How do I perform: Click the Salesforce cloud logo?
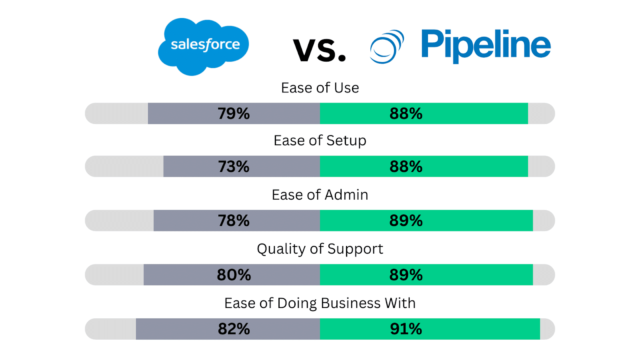(204, 46)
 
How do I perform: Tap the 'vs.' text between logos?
(319, 50)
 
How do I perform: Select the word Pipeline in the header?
(486, 45)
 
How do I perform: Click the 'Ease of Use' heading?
(320, 88)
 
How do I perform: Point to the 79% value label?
(234, 114)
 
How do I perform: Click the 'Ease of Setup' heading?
(320, 141)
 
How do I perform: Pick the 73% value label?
(234, 166)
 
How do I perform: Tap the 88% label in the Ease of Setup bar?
(406, 166)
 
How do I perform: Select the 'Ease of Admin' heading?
(320, 195)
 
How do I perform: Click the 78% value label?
(234, 221)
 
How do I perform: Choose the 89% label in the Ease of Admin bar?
(406, 221)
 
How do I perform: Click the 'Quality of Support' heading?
(320, 249)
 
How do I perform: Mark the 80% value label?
(234, 275)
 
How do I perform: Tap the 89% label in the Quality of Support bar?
(406, 275)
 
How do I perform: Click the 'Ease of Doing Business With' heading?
(320, 303)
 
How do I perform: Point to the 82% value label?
(234, 329)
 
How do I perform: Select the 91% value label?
(406, 329)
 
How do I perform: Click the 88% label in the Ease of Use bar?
(406, 114)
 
